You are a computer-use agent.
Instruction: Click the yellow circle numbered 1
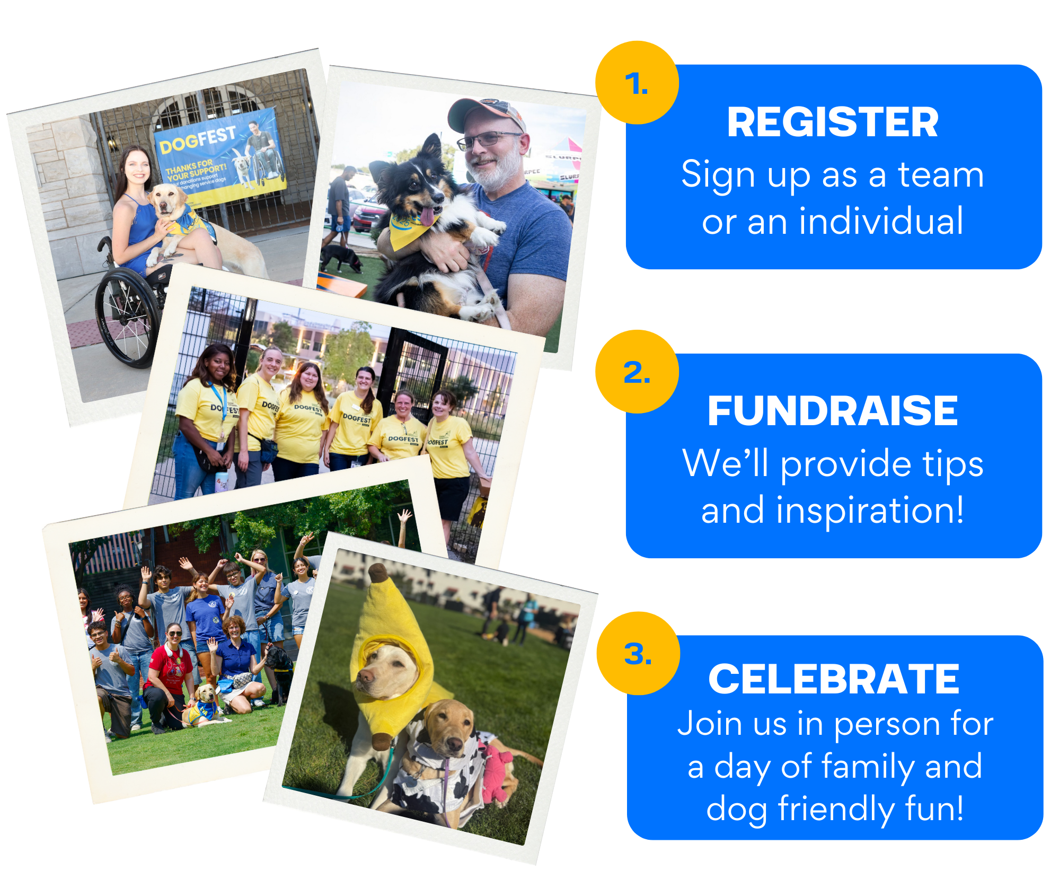[x=637, y=83]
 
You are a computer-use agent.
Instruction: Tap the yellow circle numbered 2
[x=637, y=372]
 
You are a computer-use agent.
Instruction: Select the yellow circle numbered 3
[x=638, y=653]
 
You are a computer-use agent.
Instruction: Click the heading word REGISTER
[x=832, y=122]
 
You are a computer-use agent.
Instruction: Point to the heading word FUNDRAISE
[x=832, y=411]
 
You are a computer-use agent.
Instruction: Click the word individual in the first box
[x=881, y=221]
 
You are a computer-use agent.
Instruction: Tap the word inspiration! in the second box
[x=869, y=510]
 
